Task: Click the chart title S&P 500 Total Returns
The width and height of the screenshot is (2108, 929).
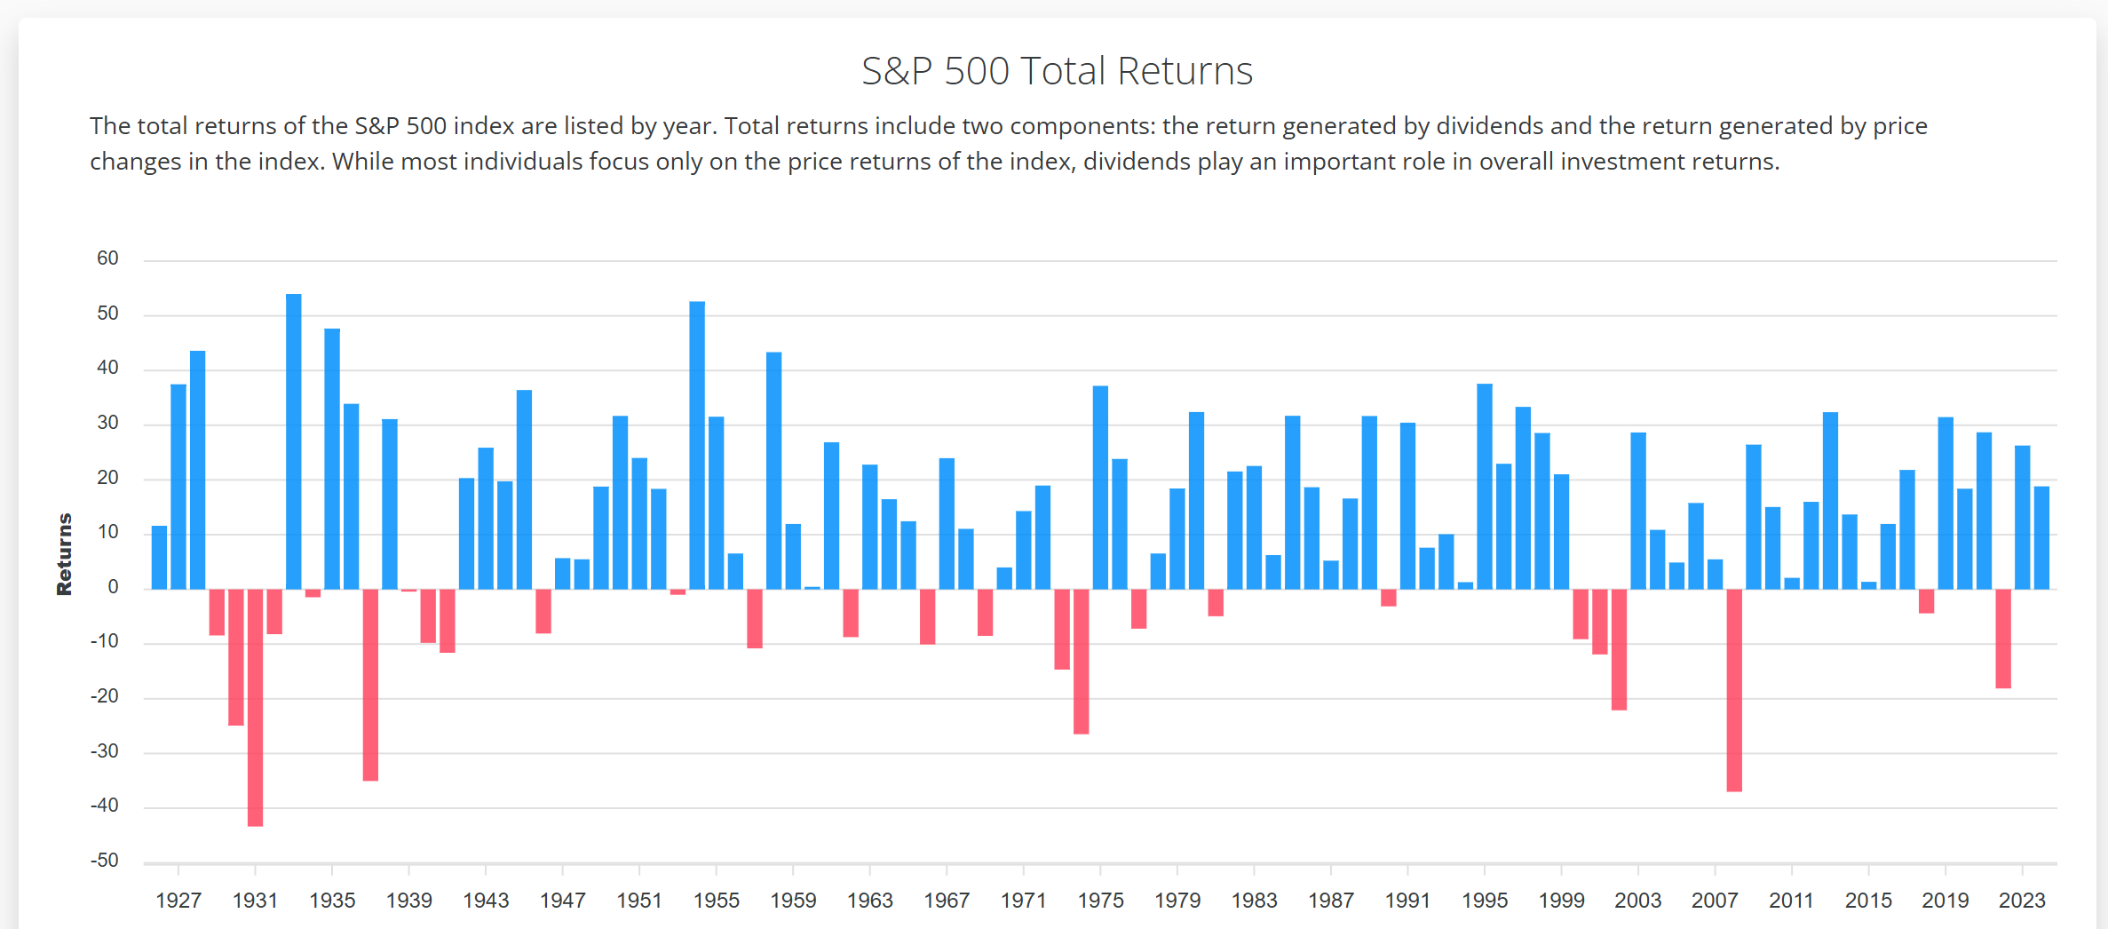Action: click(1057, 71)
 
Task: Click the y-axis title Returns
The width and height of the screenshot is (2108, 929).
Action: click(64, 554)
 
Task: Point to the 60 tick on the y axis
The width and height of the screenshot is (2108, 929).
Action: click(107, 258)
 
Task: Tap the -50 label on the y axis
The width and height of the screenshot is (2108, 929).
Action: click(104, 861)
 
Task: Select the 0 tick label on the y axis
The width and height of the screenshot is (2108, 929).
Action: click(113, 587)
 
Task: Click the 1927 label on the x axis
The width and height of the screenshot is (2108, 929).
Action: click(178, 901)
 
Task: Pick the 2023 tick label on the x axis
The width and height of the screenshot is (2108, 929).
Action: click(2022, 901)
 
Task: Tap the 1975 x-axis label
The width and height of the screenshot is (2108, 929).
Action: click(1100, 901)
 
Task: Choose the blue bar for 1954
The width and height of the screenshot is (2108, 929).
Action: click(697, 445)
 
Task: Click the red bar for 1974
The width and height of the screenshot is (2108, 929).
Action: click(1081, 662)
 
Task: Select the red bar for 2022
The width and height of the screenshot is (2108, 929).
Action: click(2003, 639)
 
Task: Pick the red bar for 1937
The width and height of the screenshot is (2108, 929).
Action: click(370, 685)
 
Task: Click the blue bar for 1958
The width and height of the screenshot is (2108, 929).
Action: click(773, 471)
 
